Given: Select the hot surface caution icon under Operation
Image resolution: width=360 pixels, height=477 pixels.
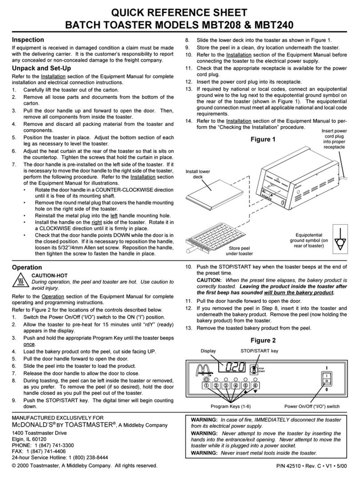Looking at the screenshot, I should click(20, 281).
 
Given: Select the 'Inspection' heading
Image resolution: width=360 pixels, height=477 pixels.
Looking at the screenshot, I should click(28, 40).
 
